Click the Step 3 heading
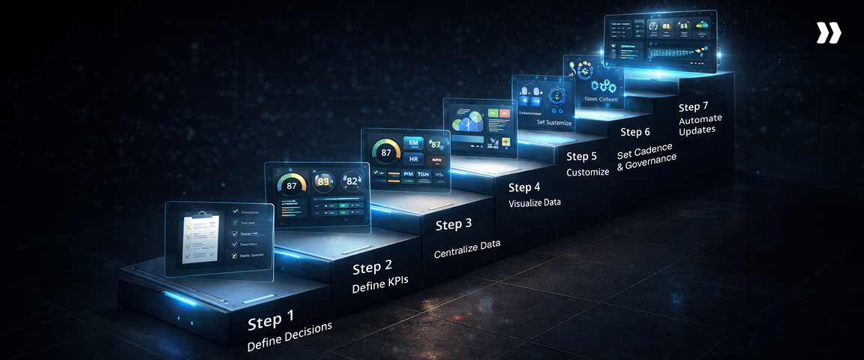tap(454, 223)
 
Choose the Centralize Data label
tap(466, 248)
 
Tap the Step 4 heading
tap(524, 187)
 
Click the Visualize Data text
tap(534, 202)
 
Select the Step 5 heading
tap(582, 156)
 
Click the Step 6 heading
tap(634, 132)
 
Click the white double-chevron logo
tap(829, 33)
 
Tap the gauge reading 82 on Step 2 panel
tap(352, 180)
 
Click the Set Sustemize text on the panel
tap(555, 121)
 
